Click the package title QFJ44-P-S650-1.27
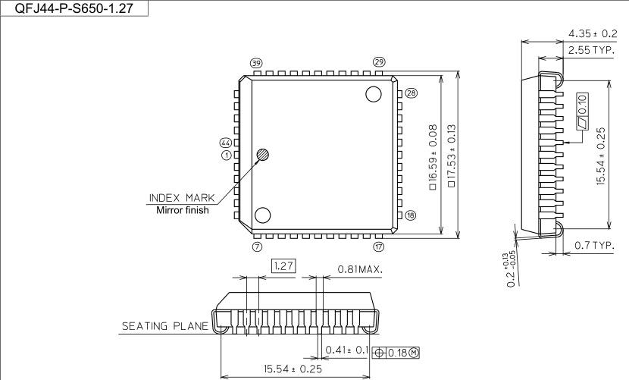(x=74, y=8)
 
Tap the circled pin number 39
(x=256, y=63)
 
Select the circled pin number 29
(x=379, y=62)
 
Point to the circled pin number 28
(x=412, y=93)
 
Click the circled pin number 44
(x=225, y=143)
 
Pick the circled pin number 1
(x=227, y=155)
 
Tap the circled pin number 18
(x=411, y=215)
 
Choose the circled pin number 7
(x=257, y=247)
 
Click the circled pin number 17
(x=379, y=247)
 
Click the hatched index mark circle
(x=263, y=155)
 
